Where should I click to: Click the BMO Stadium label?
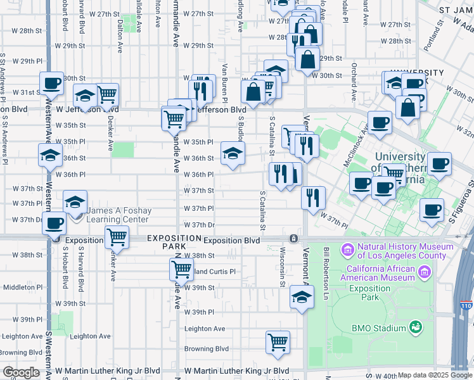(379, 328)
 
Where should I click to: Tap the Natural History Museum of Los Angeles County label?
(402, 251)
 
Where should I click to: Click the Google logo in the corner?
(20, 372)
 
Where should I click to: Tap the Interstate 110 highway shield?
(466, 305)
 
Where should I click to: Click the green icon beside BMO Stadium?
(416, 327)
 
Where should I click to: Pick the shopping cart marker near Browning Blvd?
(278, 342)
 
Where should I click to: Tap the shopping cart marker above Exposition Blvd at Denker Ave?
(117, 238)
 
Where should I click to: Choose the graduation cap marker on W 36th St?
(233, 153)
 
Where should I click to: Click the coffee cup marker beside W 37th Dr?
(55, 223)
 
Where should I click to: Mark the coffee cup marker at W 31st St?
(51, 83)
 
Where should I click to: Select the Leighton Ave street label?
(205, 329)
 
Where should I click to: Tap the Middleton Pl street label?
(23, 287)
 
